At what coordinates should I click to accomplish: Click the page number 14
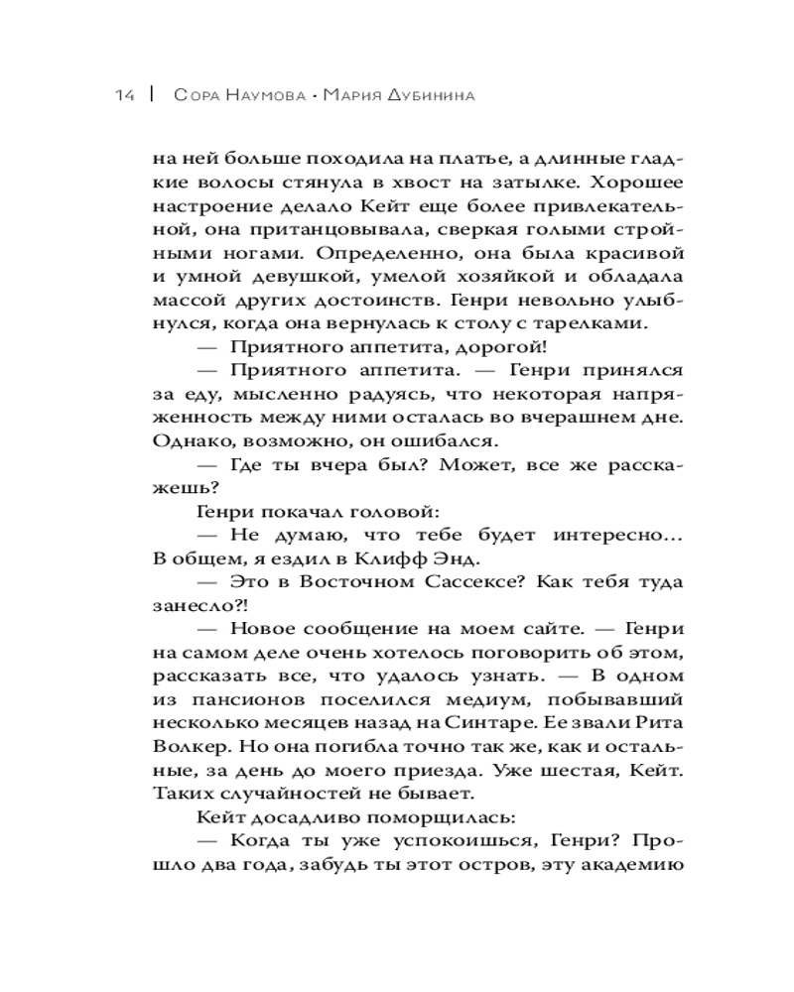pos(124,96)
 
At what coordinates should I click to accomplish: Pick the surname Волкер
pos(194,747)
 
